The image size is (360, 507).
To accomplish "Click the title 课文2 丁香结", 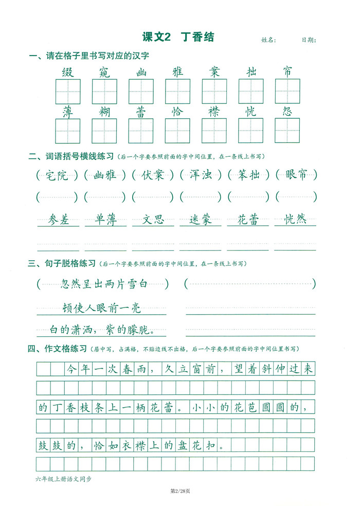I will pyautogui.click(x=177, y=37).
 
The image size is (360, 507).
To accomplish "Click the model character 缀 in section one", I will pyautogui.click(x=68, y=71).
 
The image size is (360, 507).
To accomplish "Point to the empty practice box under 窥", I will pyautogui.click(x=104, y=92).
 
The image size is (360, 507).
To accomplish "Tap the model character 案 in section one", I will pyautogui.click(x=214, y=71).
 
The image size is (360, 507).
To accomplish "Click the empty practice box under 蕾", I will pyautogui.click(x=141, y=131).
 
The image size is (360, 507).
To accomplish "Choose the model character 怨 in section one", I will pyautogui.click(x=287, y=111).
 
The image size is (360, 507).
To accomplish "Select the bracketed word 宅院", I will pyautogui.click(x=57, y=175).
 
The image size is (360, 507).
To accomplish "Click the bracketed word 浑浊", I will pyautogui.click(x=200, y=175).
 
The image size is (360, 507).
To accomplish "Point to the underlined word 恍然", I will pyautogui.click(x=295, y=220).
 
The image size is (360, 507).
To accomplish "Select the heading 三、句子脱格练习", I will pyautogui.click(x=62, y=264).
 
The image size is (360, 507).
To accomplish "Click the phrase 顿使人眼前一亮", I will pyautogui.click(x=101, y=309).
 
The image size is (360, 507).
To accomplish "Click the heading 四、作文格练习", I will pyautogui.click(x=58, y=349).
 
